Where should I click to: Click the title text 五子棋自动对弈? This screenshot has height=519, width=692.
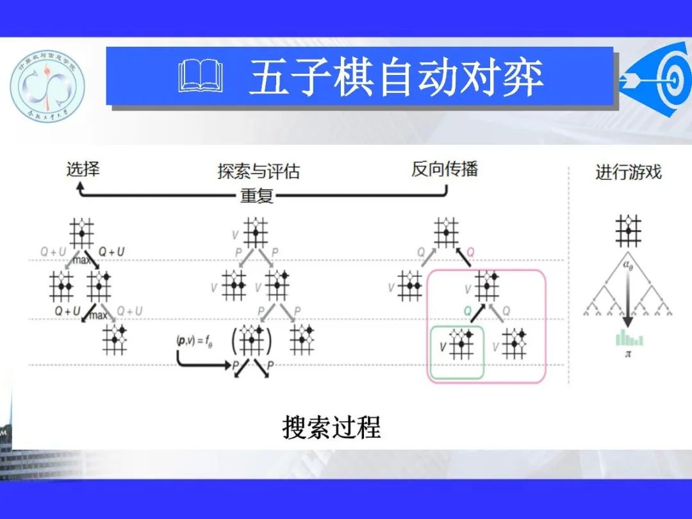click(396, 78)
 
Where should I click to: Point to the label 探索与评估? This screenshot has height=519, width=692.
click(258, 172)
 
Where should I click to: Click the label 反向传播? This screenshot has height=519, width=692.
click(445, 169)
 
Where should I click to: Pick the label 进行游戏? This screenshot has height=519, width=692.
click(628, 172)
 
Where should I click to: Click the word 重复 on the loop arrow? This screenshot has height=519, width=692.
click(257, 195)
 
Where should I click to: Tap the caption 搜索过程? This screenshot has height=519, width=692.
click(332, 427)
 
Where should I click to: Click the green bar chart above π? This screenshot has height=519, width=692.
click(629, 337)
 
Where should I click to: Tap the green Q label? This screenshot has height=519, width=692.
click(468, 310)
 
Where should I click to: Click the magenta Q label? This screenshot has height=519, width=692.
click(470, 252)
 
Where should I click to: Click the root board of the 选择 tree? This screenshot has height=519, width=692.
click(82, 233)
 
